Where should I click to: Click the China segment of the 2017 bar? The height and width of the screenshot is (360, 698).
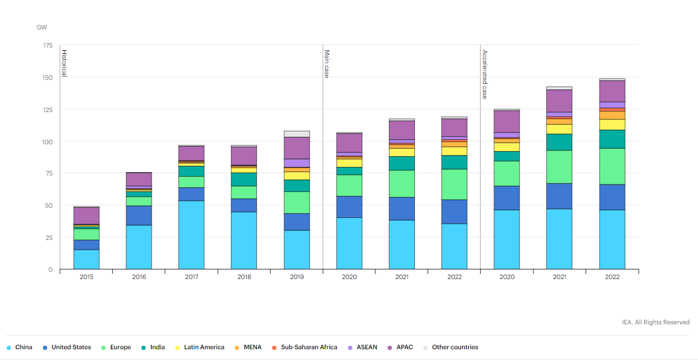click(x=191, y=234)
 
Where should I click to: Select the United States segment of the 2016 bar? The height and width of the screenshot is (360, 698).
click(x=139, y=215)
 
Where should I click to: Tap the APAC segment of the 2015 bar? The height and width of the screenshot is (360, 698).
click(x=86, y=215)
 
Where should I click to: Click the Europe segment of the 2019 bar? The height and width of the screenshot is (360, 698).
click(x=297, y=202)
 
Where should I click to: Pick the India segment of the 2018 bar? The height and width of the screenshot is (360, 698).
click(x=244, y=179)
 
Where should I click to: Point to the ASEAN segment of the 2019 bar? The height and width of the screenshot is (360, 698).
click(x=297, y=163)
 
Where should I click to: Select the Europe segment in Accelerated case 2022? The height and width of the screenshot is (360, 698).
click(x=612, y=166)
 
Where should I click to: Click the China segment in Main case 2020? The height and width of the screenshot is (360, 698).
click(x=349, y=243)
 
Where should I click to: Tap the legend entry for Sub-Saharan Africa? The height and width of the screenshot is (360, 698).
click(x=309, y=347)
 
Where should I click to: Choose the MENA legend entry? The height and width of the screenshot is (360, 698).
click(x=252, y=347)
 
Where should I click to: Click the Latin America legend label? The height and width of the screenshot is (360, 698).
click(x=204, y=347)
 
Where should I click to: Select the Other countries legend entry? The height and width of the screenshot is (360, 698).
click(x=455, y=347)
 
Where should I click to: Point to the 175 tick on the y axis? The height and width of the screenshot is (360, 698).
click(x=48, y=45)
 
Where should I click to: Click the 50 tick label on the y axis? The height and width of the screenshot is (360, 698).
click(x=49, y=205)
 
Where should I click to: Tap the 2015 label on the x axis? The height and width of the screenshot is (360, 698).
click(x=86, y=277)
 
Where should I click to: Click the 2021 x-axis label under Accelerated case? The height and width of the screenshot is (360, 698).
click(x=559, y=277)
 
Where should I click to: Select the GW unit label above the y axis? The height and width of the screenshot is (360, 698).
click(x=42, y=27)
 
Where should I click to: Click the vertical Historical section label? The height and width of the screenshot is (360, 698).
click(x=64, y=63)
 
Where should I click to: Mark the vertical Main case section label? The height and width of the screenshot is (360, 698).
click(x=327, y=64)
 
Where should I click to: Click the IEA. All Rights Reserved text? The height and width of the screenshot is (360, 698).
click(x=656, y=322)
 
